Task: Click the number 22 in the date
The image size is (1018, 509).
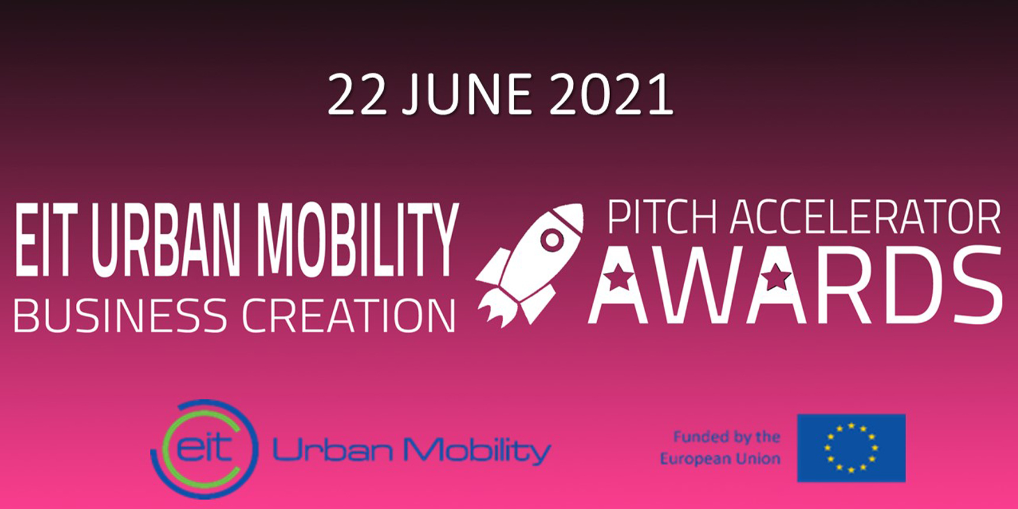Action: [x=357, y=95]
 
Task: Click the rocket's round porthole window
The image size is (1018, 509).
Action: [x=552, y=240]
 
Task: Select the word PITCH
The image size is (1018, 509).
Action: [x=662, y=217]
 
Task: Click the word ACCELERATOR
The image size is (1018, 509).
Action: [x=866, y=217]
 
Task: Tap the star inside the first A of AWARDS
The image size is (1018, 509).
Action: [x=618, y=276]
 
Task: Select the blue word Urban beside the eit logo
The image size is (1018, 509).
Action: [x=333, y=450]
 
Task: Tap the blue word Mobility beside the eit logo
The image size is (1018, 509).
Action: [x=477, y=451]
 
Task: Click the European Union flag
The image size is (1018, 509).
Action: [x=851, y=448]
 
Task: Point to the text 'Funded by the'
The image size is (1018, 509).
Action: [x=727, y=437]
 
